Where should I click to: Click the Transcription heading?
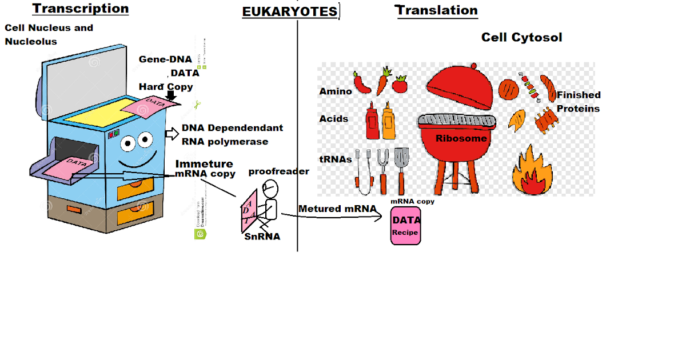tap(80, 9)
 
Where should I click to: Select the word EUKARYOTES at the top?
tap(290, 12)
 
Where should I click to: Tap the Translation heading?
tap(436, 10)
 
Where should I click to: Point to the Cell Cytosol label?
tap(521, 37)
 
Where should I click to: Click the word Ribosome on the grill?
tap(461, 138)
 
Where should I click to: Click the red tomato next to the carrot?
tap(400, 84)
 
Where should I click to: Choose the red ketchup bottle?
tap(372, 121)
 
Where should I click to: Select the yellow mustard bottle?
tap(388, 121)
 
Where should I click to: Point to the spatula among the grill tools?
tap(401, 169)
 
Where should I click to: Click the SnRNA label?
tap(262, 236)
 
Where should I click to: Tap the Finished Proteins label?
tap(579, 102)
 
